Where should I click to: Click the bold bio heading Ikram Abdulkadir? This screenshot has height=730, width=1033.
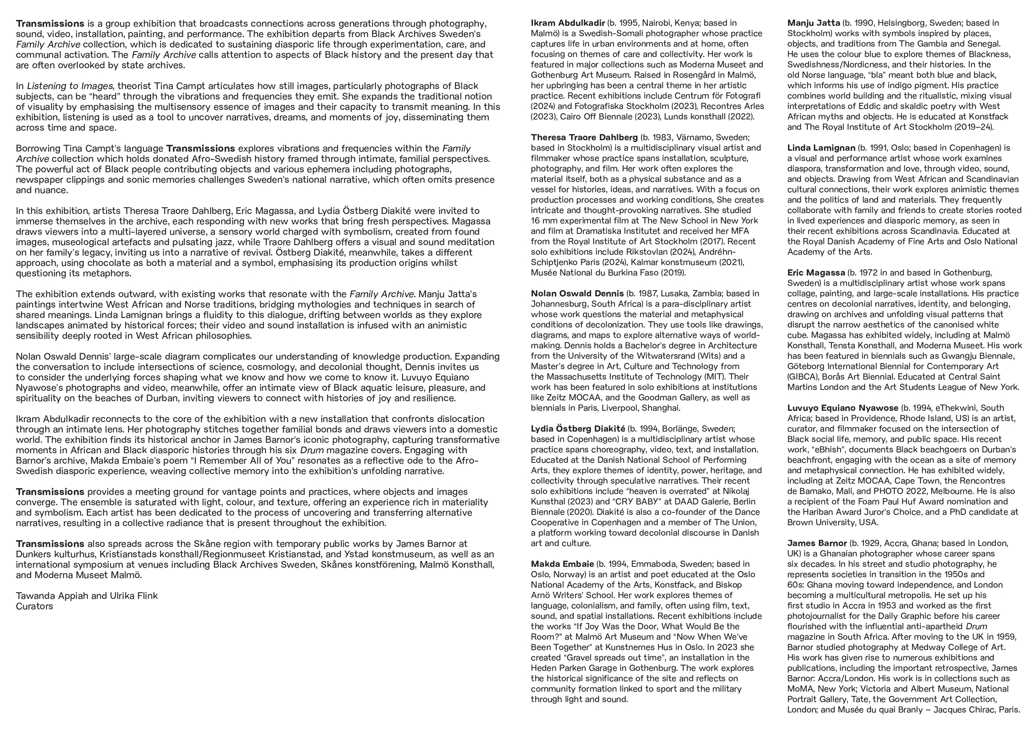tap(568, 23)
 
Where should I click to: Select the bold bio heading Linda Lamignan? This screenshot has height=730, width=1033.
tap(821, 148)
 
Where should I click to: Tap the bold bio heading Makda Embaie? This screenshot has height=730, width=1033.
tap(562, 564)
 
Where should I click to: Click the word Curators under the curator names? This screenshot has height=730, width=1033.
tap(34, 606)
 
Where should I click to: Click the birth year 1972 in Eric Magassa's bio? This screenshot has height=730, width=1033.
tap(866, 273)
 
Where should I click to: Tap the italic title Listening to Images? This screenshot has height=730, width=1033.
tap(70, 86)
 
